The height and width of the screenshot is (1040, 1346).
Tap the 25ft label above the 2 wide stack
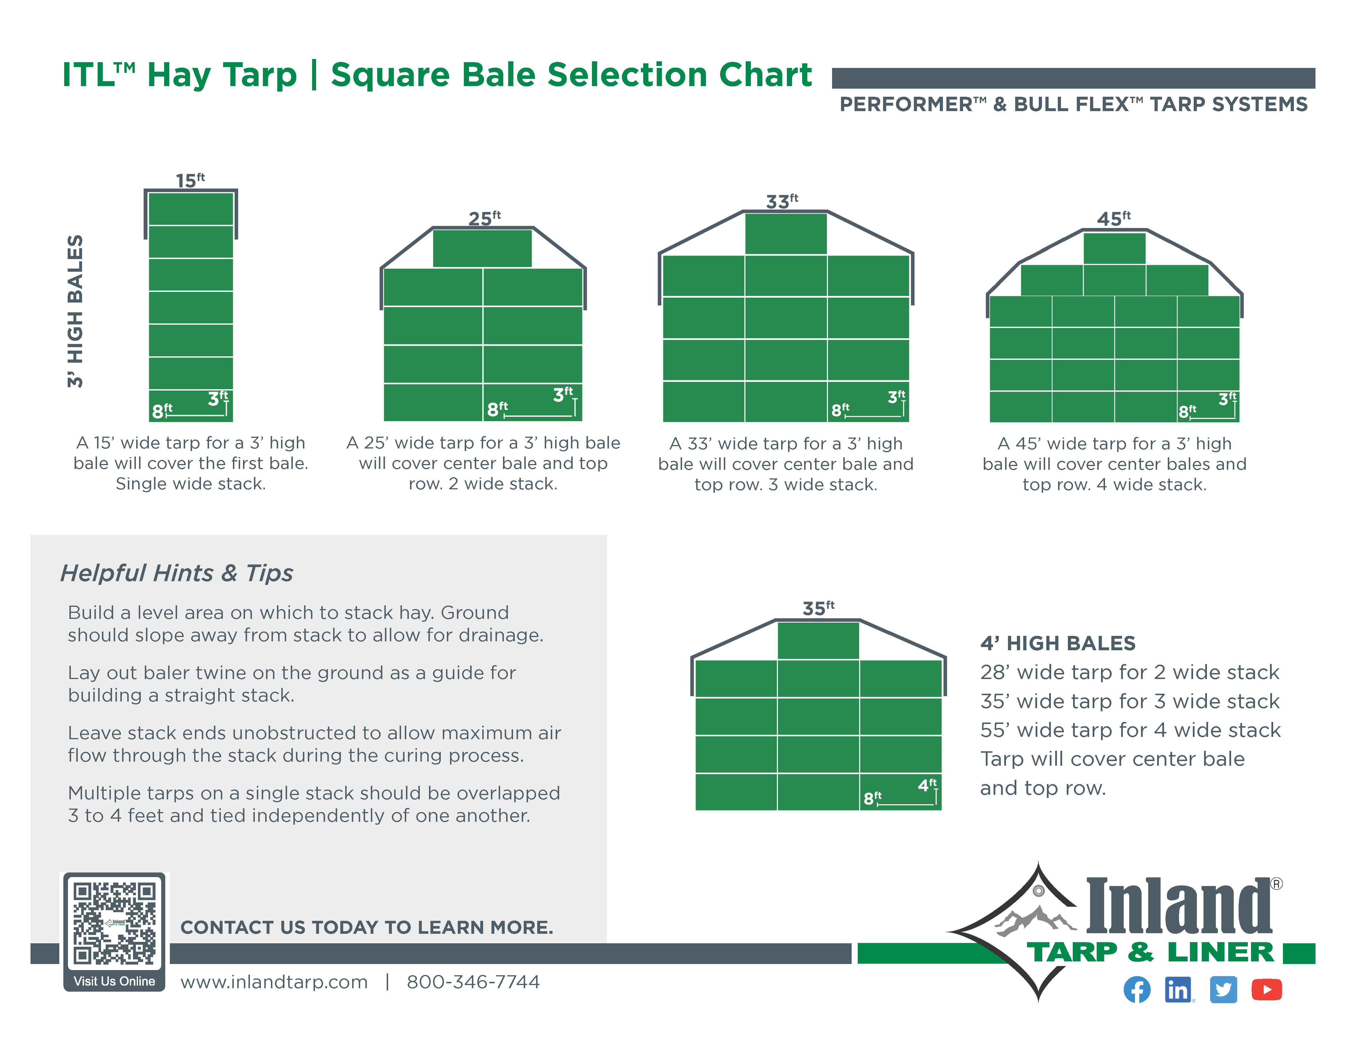(484, 218)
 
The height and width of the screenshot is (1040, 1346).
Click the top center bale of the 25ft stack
(482, 248)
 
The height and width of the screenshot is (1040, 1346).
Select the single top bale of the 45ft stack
(1114, 248)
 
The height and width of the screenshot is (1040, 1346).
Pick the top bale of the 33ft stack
(786, 233)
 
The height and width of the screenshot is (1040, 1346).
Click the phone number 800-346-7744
(473, 982)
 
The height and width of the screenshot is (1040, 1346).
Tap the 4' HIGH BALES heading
(1058, 643)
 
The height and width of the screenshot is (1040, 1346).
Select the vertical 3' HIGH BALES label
(75, 311)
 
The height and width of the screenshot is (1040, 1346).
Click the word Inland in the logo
(1178, 906)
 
